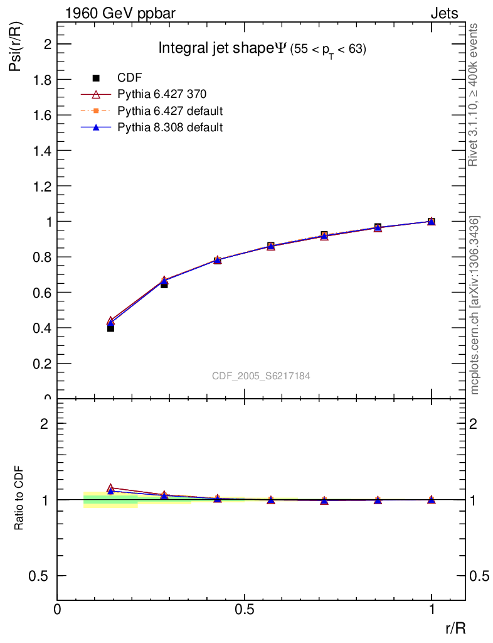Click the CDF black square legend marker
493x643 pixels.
click(96, 78)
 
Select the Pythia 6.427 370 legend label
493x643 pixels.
click(162, 94)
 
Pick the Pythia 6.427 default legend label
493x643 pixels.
click(170, 111)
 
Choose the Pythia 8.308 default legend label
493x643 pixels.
click(170, 127)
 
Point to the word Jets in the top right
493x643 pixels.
click(444, 13)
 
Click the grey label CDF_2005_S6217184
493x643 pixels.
click(261, 376)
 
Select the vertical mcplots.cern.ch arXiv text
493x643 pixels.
click(475, 305)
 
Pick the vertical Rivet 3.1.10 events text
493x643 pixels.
click(474, 94)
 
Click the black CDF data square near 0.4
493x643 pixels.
click(110, 328)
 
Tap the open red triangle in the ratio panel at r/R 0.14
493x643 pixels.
click(110, 487)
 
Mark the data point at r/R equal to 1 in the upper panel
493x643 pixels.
click(432, 221)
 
